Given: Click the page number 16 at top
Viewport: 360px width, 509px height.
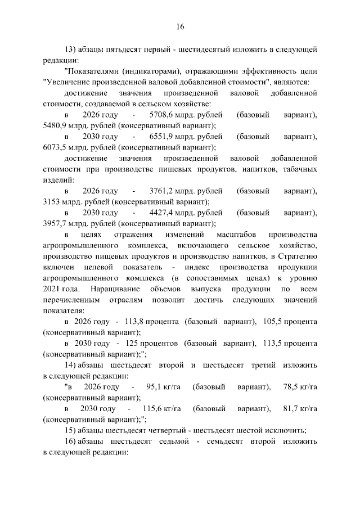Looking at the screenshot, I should (180, 26).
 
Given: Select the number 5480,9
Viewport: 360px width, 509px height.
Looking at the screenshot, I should (56, 126).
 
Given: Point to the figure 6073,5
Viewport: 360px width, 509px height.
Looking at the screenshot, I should (56, 148).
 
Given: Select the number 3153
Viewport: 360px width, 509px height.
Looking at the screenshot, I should (52, 201).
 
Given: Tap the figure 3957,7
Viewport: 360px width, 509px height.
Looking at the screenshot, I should (56, 223).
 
